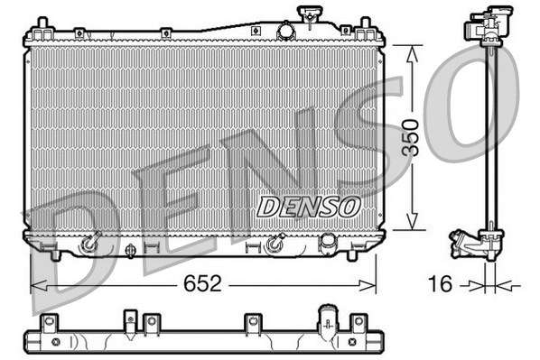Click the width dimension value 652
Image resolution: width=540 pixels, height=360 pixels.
(204, 285)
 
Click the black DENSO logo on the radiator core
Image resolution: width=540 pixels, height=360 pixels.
(308, 207)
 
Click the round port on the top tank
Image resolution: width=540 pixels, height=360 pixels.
(285, 32)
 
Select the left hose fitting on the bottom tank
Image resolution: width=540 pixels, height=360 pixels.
(88, 244)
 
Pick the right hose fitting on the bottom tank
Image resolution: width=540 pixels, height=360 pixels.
(276, 244)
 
